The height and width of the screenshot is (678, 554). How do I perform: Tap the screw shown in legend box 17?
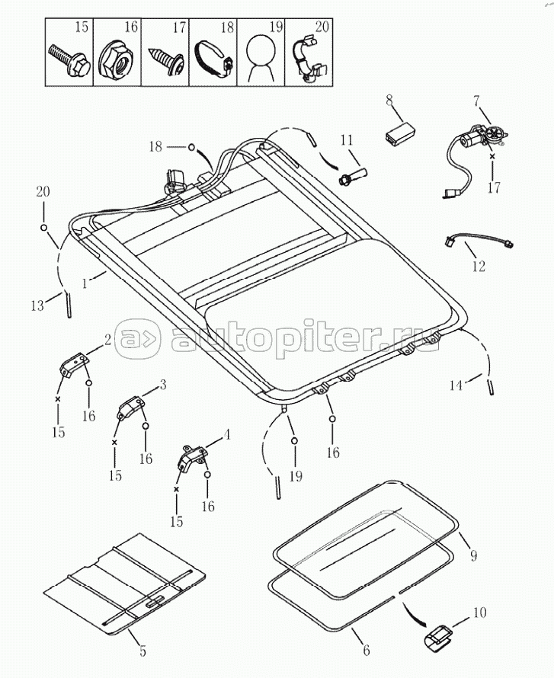[166, 59]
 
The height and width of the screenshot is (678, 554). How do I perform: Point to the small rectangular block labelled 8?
[399, 131]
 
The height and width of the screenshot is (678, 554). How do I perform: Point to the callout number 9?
[473, 555]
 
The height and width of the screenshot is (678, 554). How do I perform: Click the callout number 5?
[143, 651]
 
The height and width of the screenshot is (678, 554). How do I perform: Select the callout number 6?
[367, 650]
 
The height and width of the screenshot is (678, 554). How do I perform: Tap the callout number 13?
[38, 305]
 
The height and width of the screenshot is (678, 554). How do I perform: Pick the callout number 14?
[456, 385]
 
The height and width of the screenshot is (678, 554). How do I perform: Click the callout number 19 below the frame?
[296, 476]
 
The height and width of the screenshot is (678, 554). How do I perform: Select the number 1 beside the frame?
[85, 284]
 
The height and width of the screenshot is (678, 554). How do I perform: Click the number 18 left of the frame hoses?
[155, 147]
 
